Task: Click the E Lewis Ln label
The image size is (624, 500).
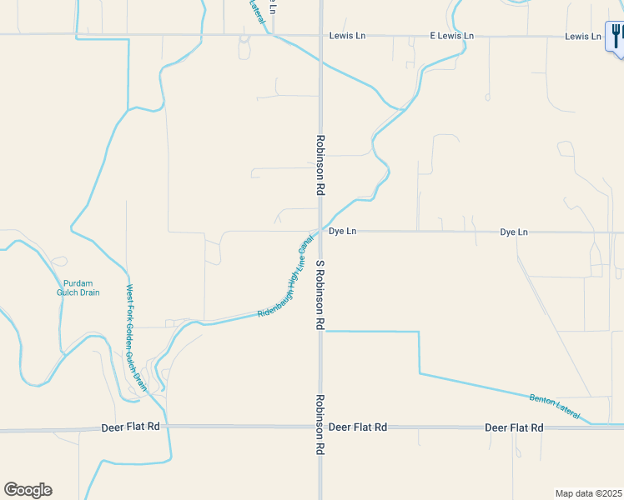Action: tap(451, 36)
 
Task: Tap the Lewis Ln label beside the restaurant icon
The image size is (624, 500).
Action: tap(582, 36)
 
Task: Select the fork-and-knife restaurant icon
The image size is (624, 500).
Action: tap(617, 36)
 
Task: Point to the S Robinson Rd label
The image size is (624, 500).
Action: tap(320, 295)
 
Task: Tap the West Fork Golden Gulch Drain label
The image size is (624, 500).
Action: tap(136, 337)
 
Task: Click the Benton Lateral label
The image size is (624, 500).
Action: tap(554, 406)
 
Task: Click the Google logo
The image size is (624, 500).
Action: tap(28, 490)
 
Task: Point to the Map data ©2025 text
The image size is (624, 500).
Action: tap(588, 492)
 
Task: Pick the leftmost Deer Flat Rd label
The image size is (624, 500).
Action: tap(130, 427)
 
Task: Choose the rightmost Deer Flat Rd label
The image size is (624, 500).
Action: tap(514, 427)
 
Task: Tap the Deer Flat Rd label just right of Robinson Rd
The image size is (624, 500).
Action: tap(358, 427)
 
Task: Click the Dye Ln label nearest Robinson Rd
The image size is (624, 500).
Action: tap(342, 231)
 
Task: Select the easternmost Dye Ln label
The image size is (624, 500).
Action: tap(514, 232)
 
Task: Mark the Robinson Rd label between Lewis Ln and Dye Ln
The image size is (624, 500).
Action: tap(320, 165)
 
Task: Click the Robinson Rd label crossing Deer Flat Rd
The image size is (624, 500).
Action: tap(320, 424)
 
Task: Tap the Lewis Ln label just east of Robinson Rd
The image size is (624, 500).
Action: tap(348, 36)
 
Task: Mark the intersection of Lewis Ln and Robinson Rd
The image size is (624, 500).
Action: tap(320, 36)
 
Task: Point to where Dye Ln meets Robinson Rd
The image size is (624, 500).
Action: tap(320, 232)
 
